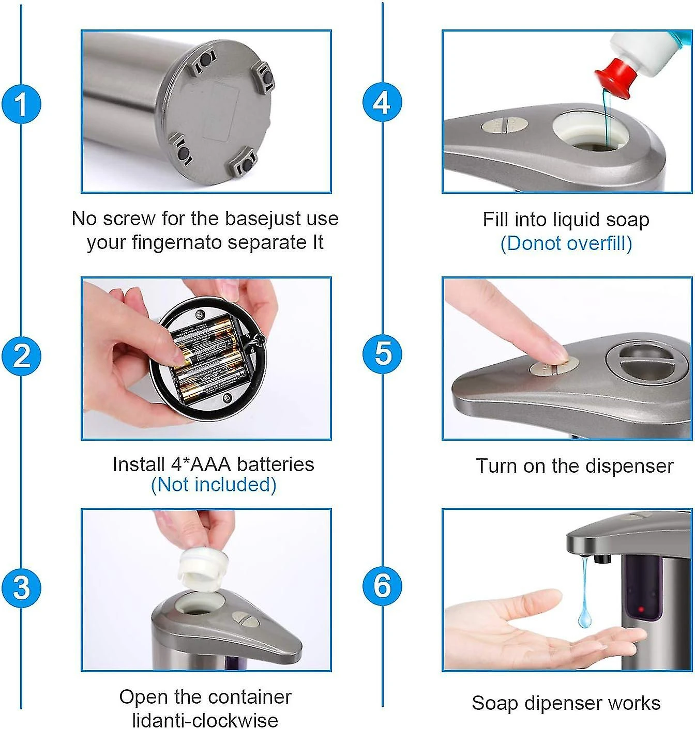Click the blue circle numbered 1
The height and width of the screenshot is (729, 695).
(21, 103)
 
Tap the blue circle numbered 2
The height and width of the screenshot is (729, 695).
(21, 355)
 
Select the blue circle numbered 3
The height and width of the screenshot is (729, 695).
(21, 588)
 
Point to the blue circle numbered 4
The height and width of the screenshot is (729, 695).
(382, 102)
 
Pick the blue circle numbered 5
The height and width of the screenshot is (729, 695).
(382, 353)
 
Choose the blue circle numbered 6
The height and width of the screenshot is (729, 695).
(382, 586)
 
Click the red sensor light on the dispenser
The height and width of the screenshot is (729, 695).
(641, 609)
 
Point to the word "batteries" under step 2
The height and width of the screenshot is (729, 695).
(276, 464)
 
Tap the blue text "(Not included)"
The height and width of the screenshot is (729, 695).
(214, 485)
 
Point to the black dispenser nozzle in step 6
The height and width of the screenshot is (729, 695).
(602, 559)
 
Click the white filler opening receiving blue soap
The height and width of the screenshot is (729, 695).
(590, 132)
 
